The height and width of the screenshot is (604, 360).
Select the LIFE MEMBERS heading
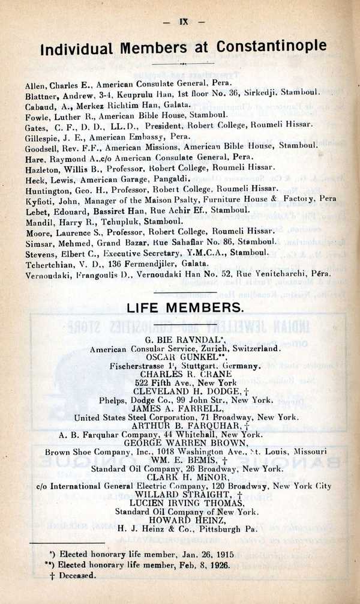tap(184, 308)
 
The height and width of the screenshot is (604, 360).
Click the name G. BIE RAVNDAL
tap(184, 340)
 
